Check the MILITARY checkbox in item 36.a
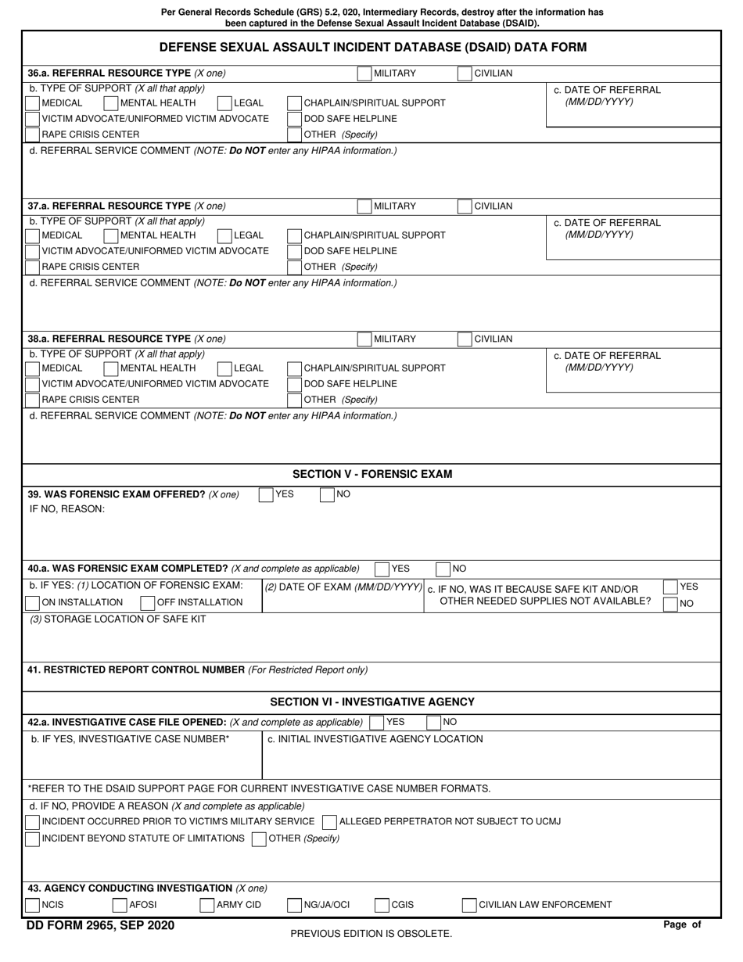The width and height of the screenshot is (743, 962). click(x=364, y=74)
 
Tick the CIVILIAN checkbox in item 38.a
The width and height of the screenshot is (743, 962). click(x=465, y=339)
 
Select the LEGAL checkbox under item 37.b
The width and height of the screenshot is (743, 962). click(x=224, y=235)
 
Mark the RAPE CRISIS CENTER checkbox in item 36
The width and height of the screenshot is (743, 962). click(x=33, y=135)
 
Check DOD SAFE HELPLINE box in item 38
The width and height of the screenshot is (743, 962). click(x=295, y=384)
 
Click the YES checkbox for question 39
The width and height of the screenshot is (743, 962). click(x=266, y=494)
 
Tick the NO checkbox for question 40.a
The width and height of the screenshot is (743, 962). click(x=443, y=569)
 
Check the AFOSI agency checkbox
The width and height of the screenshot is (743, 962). click(x=120, y=906)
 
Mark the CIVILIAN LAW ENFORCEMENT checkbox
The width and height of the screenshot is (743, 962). click(x=469, y=906)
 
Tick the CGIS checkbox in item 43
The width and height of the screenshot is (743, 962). click(x=382, y=906)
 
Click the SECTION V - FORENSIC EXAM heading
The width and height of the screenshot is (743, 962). click(x=372, y=474)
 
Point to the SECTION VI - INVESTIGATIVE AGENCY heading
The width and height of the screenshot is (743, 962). click(x=372, y=702)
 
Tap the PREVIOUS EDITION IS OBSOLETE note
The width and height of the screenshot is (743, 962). click(x=371, y=934)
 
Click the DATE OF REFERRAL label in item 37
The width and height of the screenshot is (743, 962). click(x=607, y=223)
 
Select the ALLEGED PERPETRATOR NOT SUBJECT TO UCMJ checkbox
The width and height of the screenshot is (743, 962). click(x=329, y=822)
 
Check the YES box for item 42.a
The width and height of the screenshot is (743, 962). click(x=376, y=723)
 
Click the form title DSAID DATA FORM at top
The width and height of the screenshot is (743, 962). click(x=372, y=47)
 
